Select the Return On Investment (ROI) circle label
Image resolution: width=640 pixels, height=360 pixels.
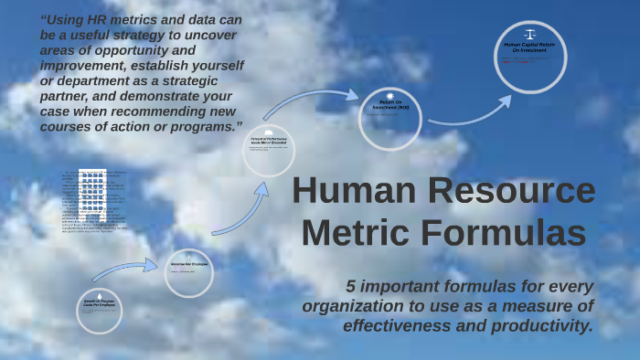[x=389, y=105]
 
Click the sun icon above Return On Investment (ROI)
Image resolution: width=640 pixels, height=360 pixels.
[x=389, y=95]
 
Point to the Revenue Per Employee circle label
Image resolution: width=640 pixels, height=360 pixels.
[x=188, y=263]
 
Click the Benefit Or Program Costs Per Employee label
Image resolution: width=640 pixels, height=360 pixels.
[x=100, y=302]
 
